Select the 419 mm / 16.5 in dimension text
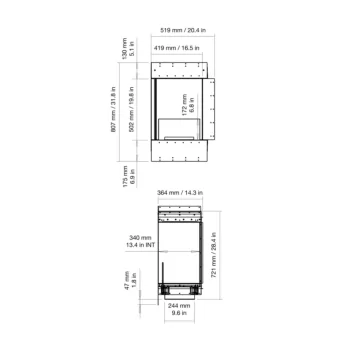tap(180, 46)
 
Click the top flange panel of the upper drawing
tap(180, 71)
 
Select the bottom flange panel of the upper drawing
tap(180, 151)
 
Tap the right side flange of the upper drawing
tap(210, 111)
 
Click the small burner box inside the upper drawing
tap(180, 133)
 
